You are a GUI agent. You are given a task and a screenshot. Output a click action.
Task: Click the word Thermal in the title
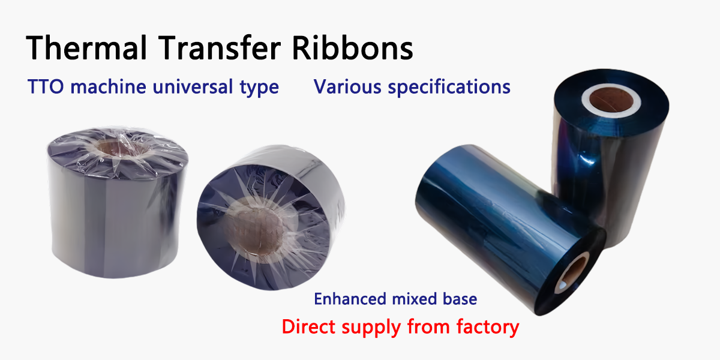[86, 48]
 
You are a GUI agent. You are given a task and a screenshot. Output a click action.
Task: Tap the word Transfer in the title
[219, 47]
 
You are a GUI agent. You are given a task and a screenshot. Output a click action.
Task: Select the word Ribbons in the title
[352, 47]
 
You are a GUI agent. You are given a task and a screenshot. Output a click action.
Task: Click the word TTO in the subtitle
[46, 87]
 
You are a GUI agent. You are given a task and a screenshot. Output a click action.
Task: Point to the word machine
[109, 87]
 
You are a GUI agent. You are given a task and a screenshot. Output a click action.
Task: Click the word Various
[347, 87]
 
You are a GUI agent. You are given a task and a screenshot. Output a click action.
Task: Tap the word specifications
[449, 87]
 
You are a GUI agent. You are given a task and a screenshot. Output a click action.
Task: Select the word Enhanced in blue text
[350, 299]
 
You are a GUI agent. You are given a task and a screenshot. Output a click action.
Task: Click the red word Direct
[309, 326]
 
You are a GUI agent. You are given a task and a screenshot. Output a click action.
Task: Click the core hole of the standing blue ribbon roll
[611, 100]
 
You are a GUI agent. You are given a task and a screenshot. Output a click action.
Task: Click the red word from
[428, 326]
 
